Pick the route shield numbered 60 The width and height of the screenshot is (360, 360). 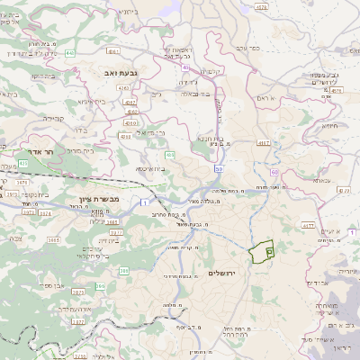(273, 171)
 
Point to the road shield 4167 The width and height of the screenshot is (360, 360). (264, 143)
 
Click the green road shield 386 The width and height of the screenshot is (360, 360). (100, 286)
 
